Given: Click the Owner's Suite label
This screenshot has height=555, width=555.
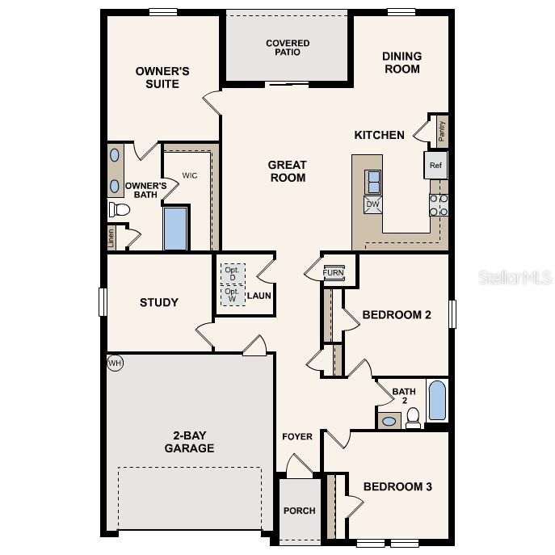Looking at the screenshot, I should pyautogui.click(x=162, y=78).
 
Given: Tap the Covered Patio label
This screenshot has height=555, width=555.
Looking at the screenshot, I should pyautogui.click(x=288, y=48).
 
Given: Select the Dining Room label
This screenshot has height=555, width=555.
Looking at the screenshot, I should pyautogui.click(x=402, y=62).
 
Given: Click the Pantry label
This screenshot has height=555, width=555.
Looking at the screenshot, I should pyautogui.click(x=441, y=130).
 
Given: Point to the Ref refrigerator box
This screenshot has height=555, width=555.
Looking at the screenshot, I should pyautogui.click(x=435, y=166).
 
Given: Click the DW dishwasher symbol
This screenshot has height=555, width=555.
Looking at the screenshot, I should pyautogui.click(x=373, y=204).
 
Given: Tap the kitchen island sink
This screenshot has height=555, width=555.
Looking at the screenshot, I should pyautogui.click(x=373, y=182).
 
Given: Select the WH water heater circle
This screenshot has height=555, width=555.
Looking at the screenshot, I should pyautogui.click(x=115, y=364).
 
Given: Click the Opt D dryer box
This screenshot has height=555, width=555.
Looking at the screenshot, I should pyautogui.click(x=232, y=274).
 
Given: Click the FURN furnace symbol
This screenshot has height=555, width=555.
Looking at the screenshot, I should pyautogui.click(x=333, y=272).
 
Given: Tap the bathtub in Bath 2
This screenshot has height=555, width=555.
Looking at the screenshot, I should pyautogui.click(x=437, y=401).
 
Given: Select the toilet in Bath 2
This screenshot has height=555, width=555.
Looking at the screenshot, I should pyautogui.click(x=413, y=417).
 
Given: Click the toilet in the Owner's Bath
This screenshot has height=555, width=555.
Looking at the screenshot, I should pyautogui.click(x=120, y=210).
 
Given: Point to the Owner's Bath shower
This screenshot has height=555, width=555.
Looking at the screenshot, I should pyautogui.click(x=175, y=229).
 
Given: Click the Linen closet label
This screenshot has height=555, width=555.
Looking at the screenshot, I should pyautogui.click(x=111, y=238).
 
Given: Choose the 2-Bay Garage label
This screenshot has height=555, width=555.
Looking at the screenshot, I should pyautogui.click(x=189, y=442).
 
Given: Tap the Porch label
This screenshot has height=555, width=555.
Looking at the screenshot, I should pyautogui.click(x=299, y=511).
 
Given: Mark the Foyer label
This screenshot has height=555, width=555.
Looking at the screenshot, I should pyautogui.click(x=296, y=437).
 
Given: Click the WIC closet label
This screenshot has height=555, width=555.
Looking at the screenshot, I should pyautogui.click(x=190, y=175).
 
